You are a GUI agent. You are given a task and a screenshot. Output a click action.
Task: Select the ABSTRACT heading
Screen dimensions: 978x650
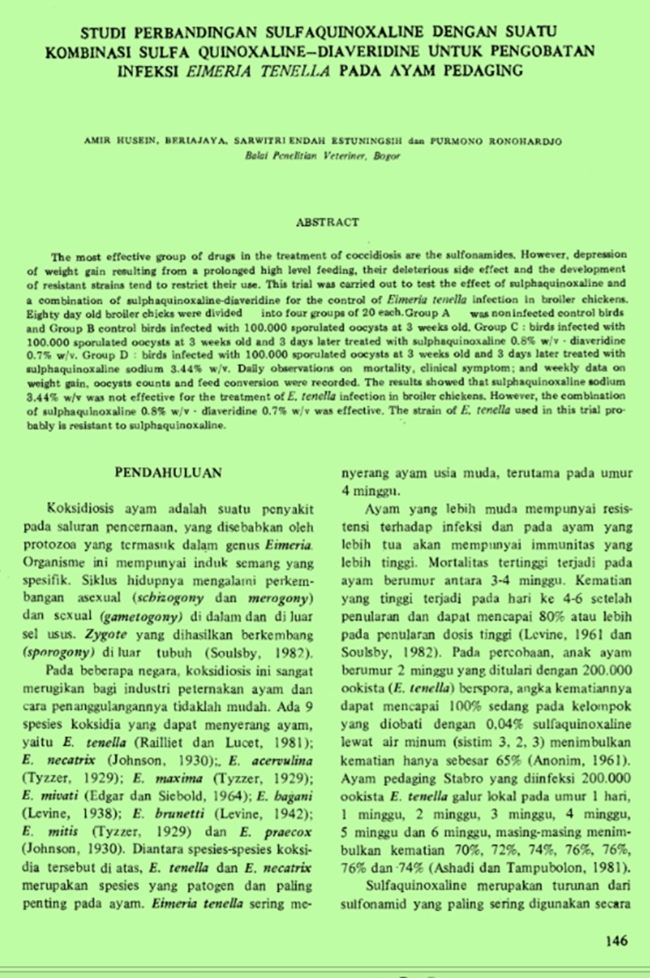coord(327,222)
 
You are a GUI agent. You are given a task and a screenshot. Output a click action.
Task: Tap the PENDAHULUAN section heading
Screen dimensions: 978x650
coord(168,473)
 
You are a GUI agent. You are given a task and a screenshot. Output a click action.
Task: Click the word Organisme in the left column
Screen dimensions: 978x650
coord(53,562)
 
